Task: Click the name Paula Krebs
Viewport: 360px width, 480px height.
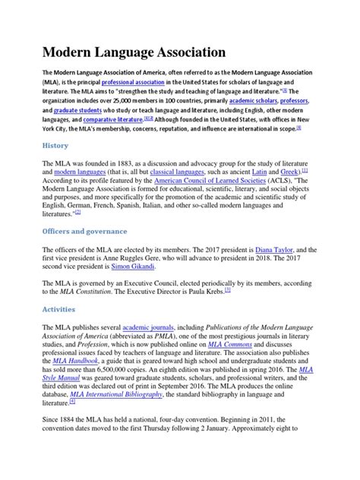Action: click(204, 291)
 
